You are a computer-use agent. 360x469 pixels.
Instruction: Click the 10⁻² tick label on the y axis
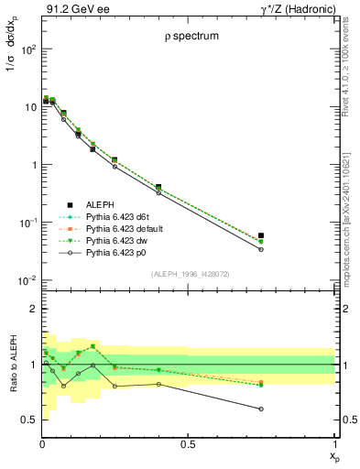(28, 280)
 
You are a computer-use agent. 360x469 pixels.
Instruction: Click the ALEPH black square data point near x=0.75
(261, 235)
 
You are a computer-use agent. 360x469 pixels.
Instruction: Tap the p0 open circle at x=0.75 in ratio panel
(261, 409)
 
